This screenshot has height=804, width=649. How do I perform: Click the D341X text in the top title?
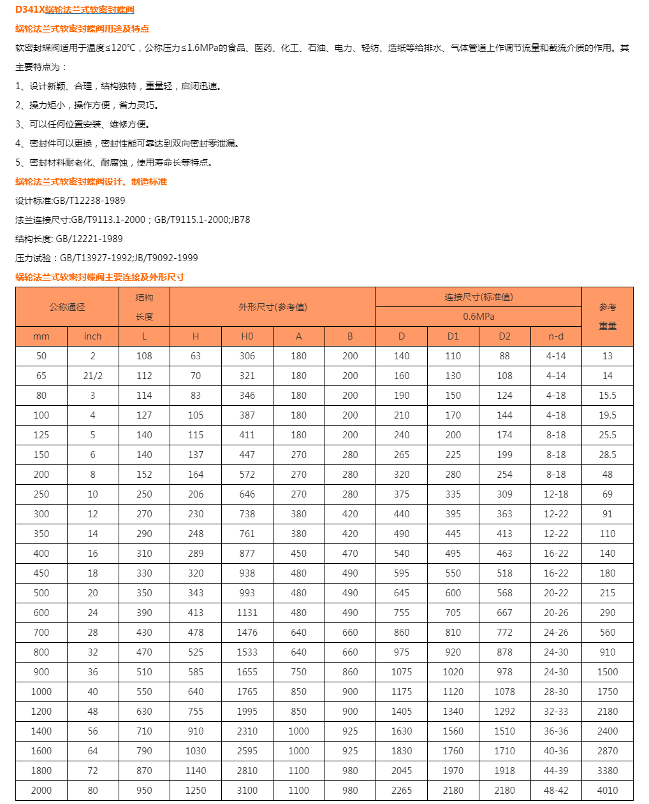coord(30,10)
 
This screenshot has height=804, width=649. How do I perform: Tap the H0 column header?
coord(247,336)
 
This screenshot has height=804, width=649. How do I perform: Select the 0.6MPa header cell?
coord(478,317)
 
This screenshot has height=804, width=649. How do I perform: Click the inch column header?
coord(92,336)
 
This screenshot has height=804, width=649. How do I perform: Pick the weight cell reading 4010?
coord(607,790)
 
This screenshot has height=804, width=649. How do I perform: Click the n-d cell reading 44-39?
coord(555,770)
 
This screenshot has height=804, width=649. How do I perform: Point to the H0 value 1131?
coord(247,612)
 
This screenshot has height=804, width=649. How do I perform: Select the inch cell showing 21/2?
coord(92,376)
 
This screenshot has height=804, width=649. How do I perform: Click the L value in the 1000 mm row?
coord(144,691)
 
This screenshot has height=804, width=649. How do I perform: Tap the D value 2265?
coord(401,790)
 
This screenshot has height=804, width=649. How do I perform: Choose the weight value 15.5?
coord(607,396)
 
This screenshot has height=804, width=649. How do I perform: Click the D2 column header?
coord(504,336)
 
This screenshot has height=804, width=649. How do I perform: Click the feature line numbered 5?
coord(115,162)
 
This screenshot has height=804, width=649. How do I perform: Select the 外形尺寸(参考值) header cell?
coord(272,307)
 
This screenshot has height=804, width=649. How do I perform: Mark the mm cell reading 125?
coord(41,435)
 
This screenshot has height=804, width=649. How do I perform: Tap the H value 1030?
coord(195,750)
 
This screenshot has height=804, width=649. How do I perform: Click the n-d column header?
coord(555,336)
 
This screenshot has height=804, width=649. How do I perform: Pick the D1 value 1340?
coord(453,711)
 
